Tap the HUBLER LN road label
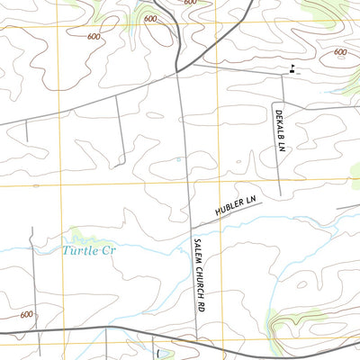tap(236, 204)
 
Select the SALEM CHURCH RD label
tap(198, 275)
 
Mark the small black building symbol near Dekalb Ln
tap(292, 68)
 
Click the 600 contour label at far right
tap(339, 52)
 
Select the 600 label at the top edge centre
tap(189, 3)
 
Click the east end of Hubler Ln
tap(262, 202)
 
